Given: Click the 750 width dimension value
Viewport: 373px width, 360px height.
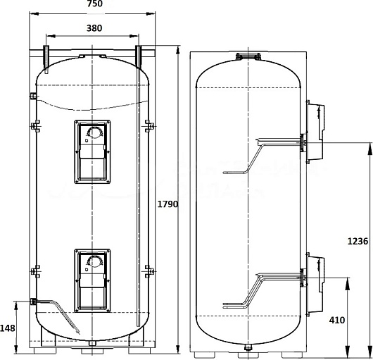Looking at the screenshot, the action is click(x=95, y=4).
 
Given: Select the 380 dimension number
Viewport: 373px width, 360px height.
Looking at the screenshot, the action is click(x=94, y=28).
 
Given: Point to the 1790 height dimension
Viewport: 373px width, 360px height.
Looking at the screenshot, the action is click(x=167, y=204).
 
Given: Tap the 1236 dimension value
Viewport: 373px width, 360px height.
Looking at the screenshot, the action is click(x=358, y=241).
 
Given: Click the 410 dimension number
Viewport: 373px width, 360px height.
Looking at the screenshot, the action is click(x=337, y=321).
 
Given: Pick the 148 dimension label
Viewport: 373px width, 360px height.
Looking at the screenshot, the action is click(x=7, y=328).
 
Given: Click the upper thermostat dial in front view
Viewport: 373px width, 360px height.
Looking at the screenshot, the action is click(x=95, y=132).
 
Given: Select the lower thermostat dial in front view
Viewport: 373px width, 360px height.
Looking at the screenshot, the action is click(x=95, y=261).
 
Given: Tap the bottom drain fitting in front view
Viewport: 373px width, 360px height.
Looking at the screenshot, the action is click(x=91, y=343).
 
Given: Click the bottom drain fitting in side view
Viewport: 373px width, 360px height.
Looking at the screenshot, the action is click(x=248, y=347).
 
